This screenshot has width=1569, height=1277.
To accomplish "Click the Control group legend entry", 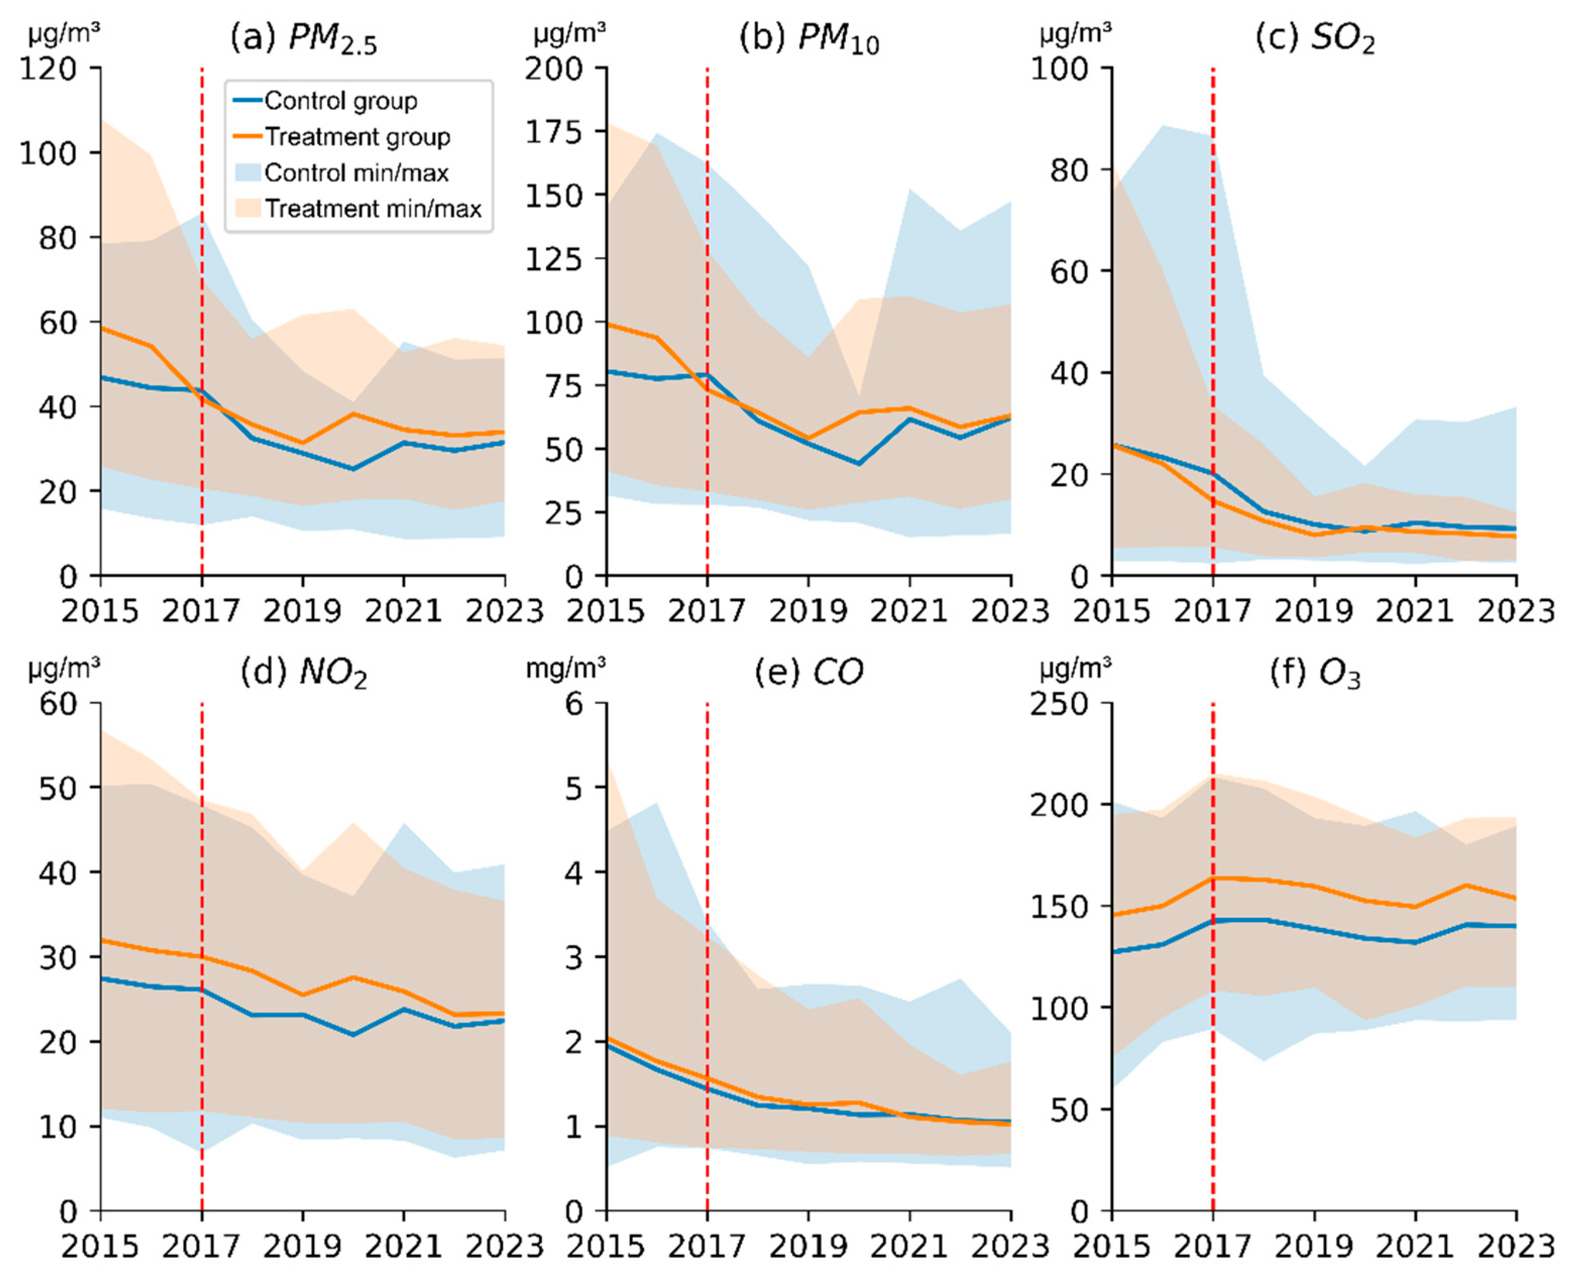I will tap(340, 101).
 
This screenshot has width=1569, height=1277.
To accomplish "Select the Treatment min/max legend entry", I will tap(373, 209).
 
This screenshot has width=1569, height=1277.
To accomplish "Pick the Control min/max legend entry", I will tap(356, 173).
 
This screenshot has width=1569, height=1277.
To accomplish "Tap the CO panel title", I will tap(809, 672).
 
